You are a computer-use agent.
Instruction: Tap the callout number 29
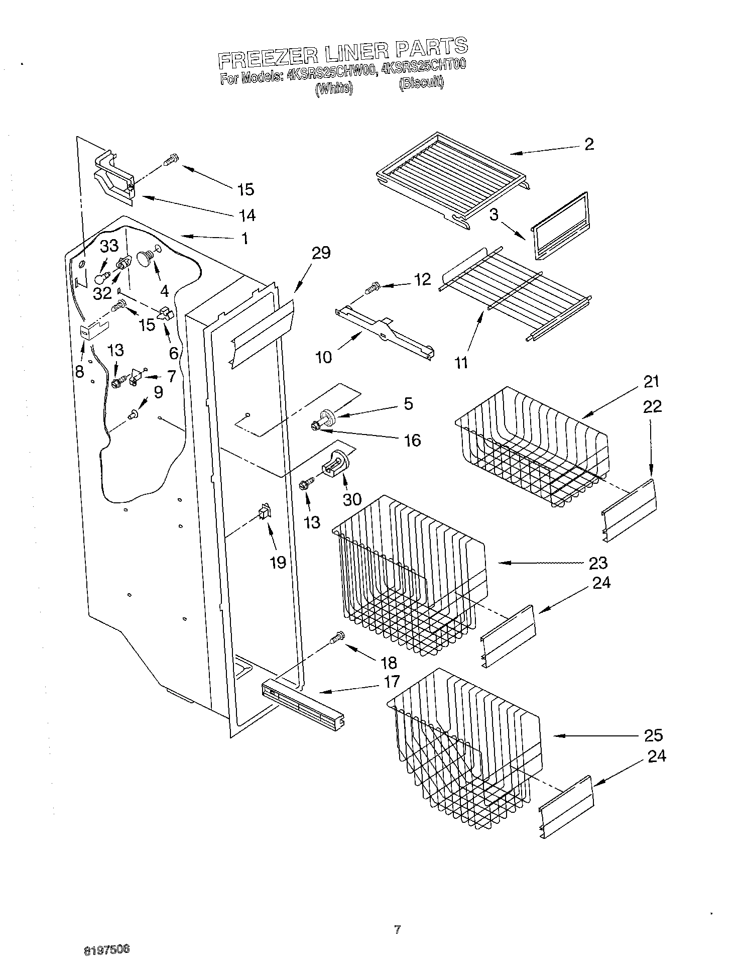[x=321, y=253]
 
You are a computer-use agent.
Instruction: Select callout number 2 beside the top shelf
[x=589, y=144]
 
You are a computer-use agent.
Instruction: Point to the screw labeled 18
[x=336, y=637]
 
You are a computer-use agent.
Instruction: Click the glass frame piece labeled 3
[x=560, y=226]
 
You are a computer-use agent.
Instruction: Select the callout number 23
[x=598, y=563]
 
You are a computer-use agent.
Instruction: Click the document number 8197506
[x=107, y=949]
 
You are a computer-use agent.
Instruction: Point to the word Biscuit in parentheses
[x=421, y=83]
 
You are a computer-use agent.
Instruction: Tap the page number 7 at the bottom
[x=397, y=930]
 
